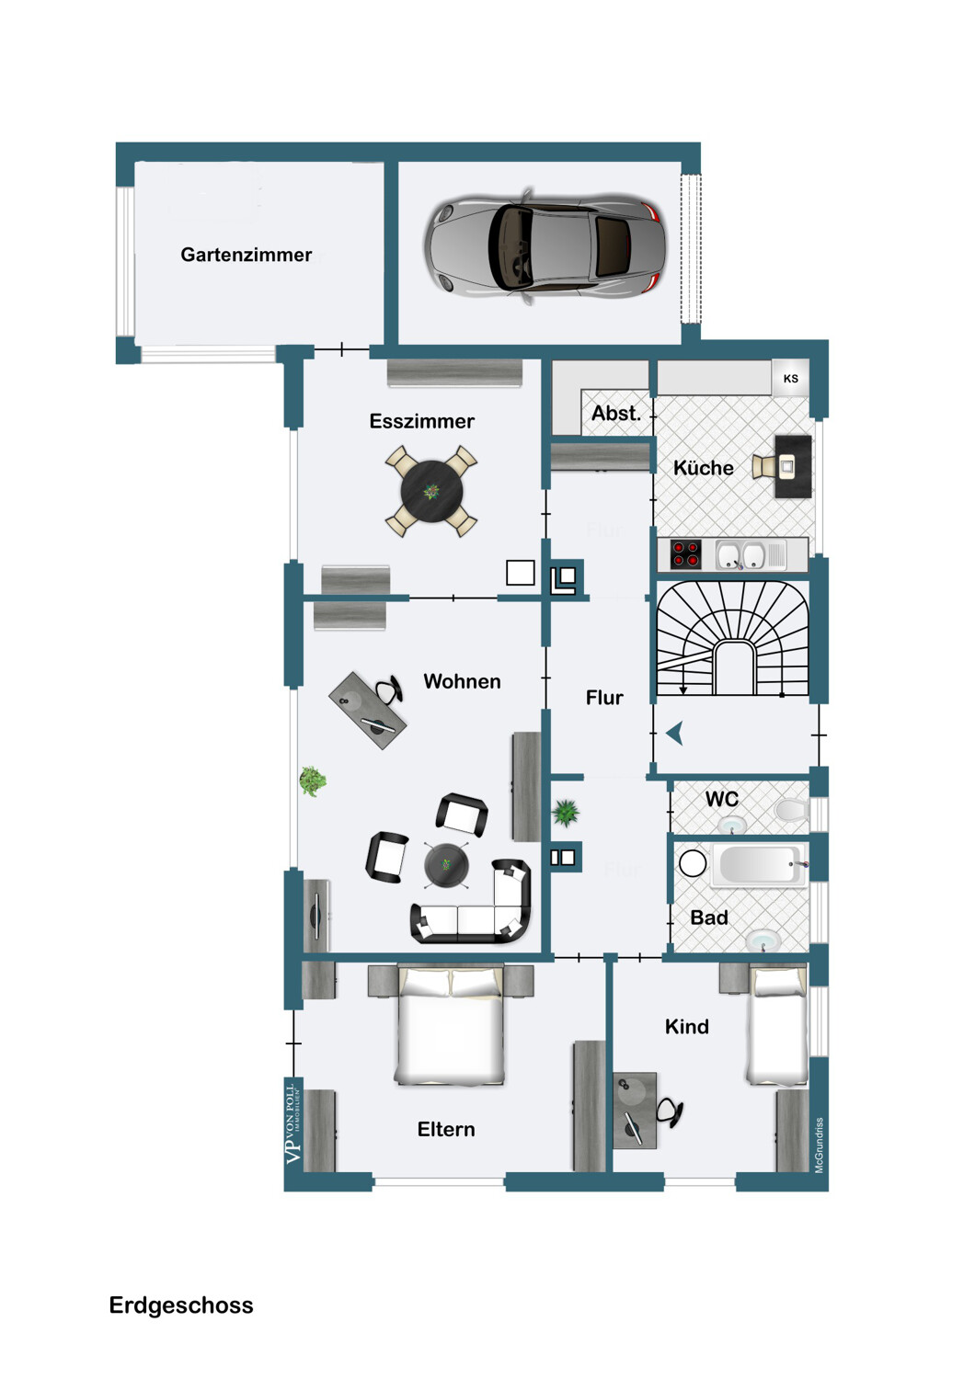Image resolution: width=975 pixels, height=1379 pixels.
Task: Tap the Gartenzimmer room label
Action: click(246, 255)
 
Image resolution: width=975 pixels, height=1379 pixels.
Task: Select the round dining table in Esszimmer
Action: click(431, 492)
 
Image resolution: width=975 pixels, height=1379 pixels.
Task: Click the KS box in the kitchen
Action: click(790, 378)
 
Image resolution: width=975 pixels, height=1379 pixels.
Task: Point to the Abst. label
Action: click(615, 414)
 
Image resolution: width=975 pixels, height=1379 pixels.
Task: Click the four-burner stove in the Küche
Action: click(685, 553)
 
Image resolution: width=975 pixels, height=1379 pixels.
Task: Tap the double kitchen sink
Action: click(741, 555)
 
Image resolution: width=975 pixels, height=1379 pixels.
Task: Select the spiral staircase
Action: click(732, 638)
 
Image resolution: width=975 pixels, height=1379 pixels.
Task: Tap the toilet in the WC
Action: click(789, 810)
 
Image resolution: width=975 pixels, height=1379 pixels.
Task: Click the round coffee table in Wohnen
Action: click(446, 865)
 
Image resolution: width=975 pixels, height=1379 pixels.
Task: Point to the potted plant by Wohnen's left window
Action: click(313, 781)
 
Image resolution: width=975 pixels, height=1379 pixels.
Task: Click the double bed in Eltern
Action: click(451, 1025)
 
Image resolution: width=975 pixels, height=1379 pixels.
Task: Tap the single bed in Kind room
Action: click(777, 1025)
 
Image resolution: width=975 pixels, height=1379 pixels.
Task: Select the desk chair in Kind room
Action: click(671, 1113)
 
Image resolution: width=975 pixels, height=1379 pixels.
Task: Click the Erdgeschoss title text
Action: click(181, 1305)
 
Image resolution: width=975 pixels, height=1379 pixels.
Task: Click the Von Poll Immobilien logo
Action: click(293, 1123)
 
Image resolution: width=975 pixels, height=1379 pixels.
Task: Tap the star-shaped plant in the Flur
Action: click(566, 812)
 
